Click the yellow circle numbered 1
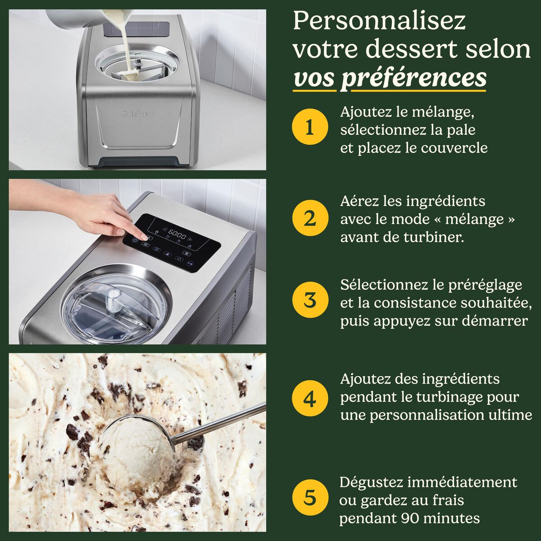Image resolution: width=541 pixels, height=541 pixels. click(x=309, y=128)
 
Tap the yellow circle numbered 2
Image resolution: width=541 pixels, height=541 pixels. click(x=309, y=219)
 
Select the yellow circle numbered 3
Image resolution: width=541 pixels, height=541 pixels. click(x=309, y=300)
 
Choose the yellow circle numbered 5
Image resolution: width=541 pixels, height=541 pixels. click(x=309, y=498)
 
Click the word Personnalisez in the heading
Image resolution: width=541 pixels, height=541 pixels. click(x=379, y=22)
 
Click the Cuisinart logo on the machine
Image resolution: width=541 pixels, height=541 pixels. click(x=139, y=114)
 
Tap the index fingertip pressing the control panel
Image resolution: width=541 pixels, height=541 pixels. click(x=146, y=237)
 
